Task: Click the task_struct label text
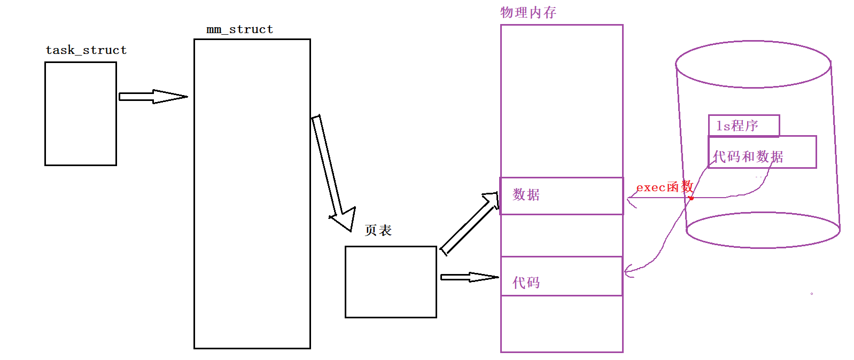86,50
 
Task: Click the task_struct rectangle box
81,114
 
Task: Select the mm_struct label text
239,29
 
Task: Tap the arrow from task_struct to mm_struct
153,97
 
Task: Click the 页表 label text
378,230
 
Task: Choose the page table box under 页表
391,282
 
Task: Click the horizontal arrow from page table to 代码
469,277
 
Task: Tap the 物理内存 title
528,12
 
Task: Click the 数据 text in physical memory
526,194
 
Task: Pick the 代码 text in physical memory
526,283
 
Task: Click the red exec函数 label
664,187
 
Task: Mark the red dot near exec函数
691,198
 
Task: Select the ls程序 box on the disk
743,126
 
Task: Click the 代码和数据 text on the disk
748,156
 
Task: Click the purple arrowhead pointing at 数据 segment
631,201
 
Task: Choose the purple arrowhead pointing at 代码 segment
628,271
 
